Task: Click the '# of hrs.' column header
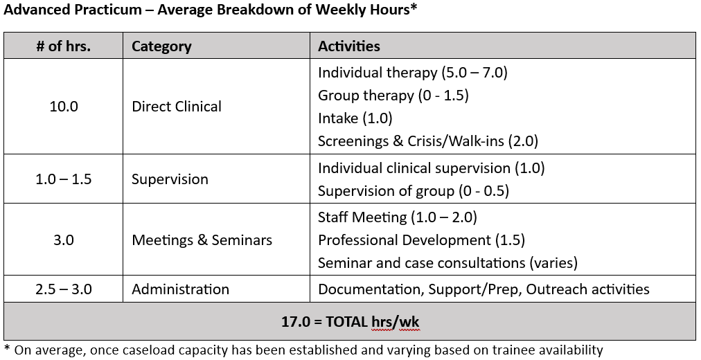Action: pyautogui.click(x=64, y=46)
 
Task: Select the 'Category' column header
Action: pyautogui.click(x=161, y=46)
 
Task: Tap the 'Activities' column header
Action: pyautogui.click(x=348, y=46)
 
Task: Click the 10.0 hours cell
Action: pyautogui.click(x=64, y=107)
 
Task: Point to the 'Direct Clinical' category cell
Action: pyautogui.click(x=177, y=107)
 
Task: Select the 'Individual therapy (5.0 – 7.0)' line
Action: pyautogui.click(x=413, y=73)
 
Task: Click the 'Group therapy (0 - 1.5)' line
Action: pyautogui.click(x=393, y=96)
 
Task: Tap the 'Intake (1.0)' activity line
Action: pyautogui.click(x=355, y=118)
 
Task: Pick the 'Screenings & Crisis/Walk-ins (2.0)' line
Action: pyautogui.click(x=428, y=141)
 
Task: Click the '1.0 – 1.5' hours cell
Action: pyautogui.click(x=64, y=179)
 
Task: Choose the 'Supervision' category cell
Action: pyautogui.click(x=170, y=179)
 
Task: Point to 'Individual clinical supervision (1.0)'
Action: pyautogui.click(x=431, y=168)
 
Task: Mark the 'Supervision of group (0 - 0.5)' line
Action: pyautogui.click(x=414, y=191)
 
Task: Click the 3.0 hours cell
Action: pyautogui.click(x=64, y=240)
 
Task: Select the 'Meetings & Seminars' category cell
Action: pyautogui.click(x=202, y=240)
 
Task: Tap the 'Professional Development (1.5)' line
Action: pyautogui.click(x=421, y=240)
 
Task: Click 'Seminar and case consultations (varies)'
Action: pyautogui.click(x=447, y=263)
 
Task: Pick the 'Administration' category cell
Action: pyautogui.click(x=180, y=289)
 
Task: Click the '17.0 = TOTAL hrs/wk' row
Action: pyautogui.click(x=350, y=322)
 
